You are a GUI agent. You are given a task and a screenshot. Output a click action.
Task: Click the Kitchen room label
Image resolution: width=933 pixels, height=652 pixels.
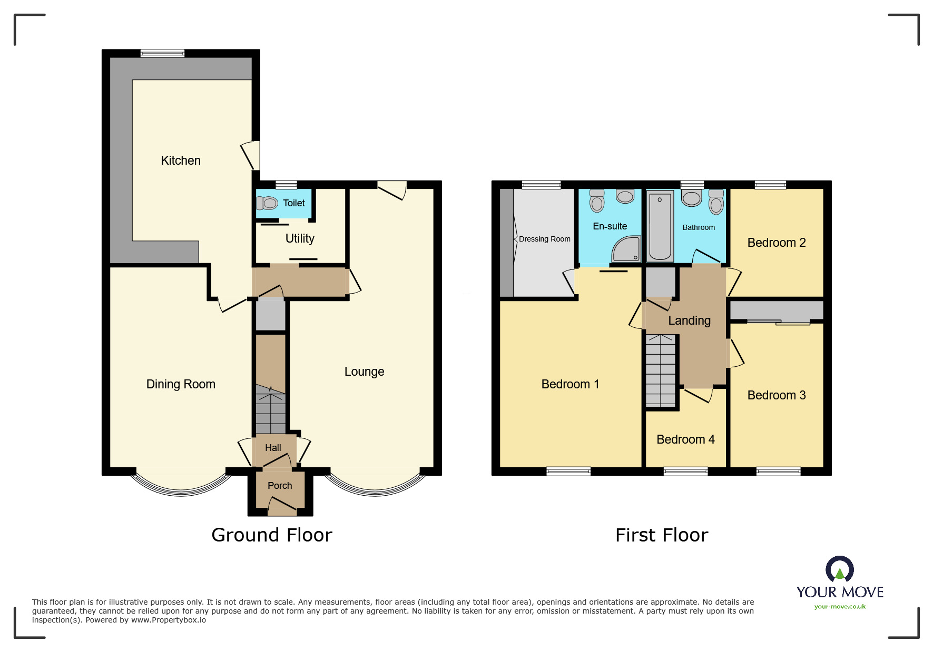(181, 161)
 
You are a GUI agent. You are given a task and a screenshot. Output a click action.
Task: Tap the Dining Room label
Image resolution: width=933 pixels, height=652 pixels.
(181, 384)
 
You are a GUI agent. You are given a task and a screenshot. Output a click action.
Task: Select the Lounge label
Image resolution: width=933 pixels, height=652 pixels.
(364, 372)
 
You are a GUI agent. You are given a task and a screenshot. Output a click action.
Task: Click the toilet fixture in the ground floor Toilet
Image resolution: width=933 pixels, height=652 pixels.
(267, 203)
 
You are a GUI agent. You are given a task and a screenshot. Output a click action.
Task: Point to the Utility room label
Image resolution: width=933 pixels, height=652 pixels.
(300, 238)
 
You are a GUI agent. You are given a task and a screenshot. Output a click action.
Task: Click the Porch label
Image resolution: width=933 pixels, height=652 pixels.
(280, 486)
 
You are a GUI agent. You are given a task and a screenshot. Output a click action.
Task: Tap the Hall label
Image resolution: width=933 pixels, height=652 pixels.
(273, 448)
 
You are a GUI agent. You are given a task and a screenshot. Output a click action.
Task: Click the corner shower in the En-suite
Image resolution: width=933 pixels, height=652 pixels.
(626, 249)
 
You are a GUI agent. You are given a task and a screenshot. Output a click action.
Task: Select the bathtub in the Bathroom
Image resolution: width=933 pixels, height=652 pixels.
(660, 227)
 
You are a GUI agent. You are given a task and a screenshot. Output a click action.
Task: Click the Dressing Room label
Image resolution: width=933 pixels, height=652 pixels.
(545, 239)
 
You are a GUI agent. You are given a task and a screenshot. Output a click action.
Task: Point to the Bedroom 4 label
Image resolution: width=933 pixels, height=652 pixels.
(685, 439)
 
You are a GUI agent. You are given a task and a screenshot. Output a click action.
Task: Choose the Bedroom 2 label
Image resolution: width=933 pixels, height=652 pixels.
(777, 243)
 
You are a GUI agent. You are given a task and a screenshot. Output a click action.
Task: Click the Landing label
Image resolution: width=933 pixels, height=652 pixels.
(689, 320)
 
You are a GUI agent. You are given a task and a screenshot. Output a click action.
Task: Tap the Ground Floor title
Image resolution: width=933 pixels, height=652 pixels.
(272, 535)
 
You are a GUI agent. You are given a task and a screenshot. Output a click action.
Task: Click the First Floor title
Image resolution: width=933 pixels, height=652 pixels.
(662, 535)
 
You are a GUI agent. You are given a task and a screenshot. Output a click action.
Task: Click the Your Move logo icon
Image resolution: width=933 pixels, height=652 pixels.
(840, 569)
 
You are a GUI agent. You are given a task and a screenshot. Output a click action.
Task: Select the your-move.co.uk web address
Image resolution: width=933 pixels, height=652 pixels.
(840, 607)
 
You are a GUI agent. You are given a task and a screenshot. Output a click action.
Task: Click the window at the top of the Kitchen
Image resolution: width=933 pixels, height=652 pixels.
(162, 53)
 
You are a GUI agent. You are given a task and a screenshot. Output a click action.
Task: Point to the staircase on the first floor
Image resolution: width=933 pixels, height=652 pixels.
(661, 370)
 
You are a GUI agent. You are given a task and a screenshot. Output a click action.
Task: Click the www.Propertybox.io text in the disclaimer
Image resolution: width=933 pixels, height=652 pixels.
(169, 620)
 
